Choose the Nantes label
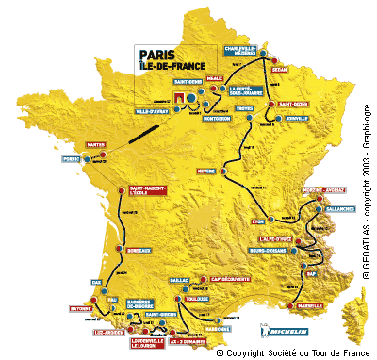coord(94,144)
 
